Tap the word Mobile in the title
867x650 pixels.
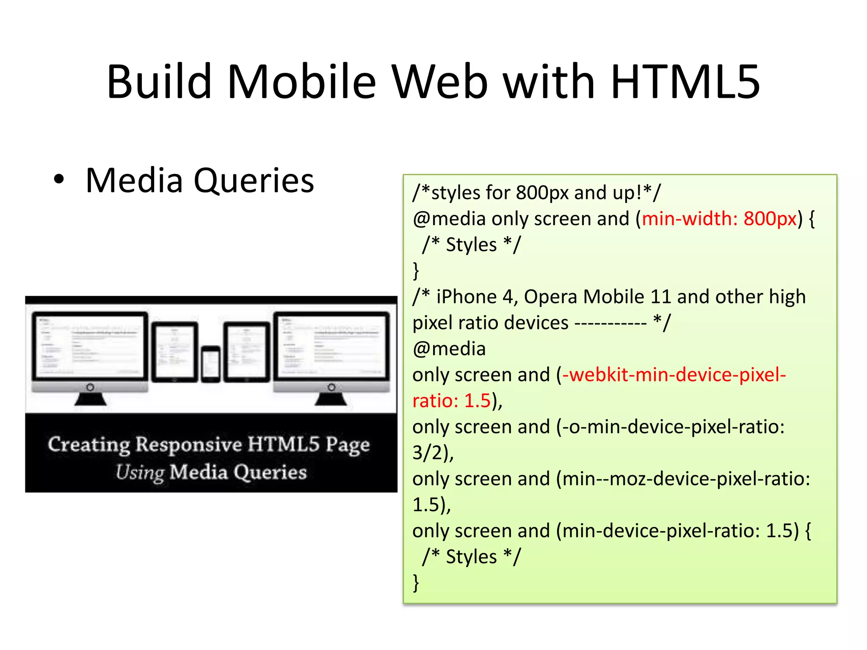click(301, 82)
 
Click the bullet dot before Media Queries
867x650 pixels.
click(59, 179)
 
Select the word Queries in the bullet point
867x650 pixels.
click(254, 181)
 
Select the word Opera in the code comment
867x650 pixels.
click(550, 297)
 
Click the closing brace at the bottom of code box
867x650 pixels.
click(416, 583)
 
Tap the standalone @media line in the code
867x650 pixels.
click(449, 349)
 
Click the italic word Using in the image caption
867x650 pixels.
click(140, 472)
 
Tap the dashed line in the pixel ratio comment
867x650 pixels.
click(610, 324)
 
